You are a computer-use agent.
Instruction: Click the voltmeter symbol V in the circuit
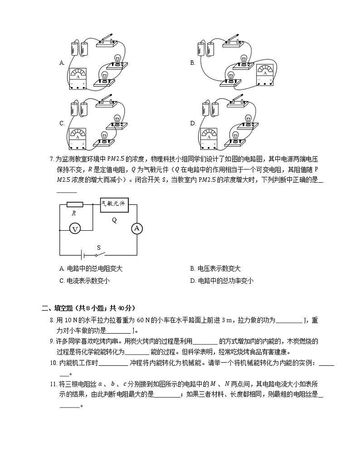pos(76,229)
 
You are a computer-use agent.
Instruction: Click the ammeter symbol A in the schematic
pos(136,229)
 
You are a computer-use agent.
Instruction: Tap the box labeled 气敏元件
pos(113,205)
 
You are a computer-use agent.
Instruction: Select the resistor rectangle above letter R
pos(74,205)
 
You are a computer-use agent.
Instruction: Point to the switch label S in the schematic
pos(98,248)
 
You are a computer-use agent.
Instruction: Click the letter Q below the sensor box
pos(114,220)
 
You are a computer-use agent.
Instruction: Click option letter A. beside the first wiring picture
pos(62,63)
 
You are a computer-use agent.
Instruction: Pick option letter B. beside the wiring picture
pos(193,63)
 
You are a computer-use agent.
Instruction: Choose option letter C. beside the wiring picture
pos(62,123)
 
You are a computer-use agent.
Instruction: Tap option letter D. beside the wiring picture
pos(193,123)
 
